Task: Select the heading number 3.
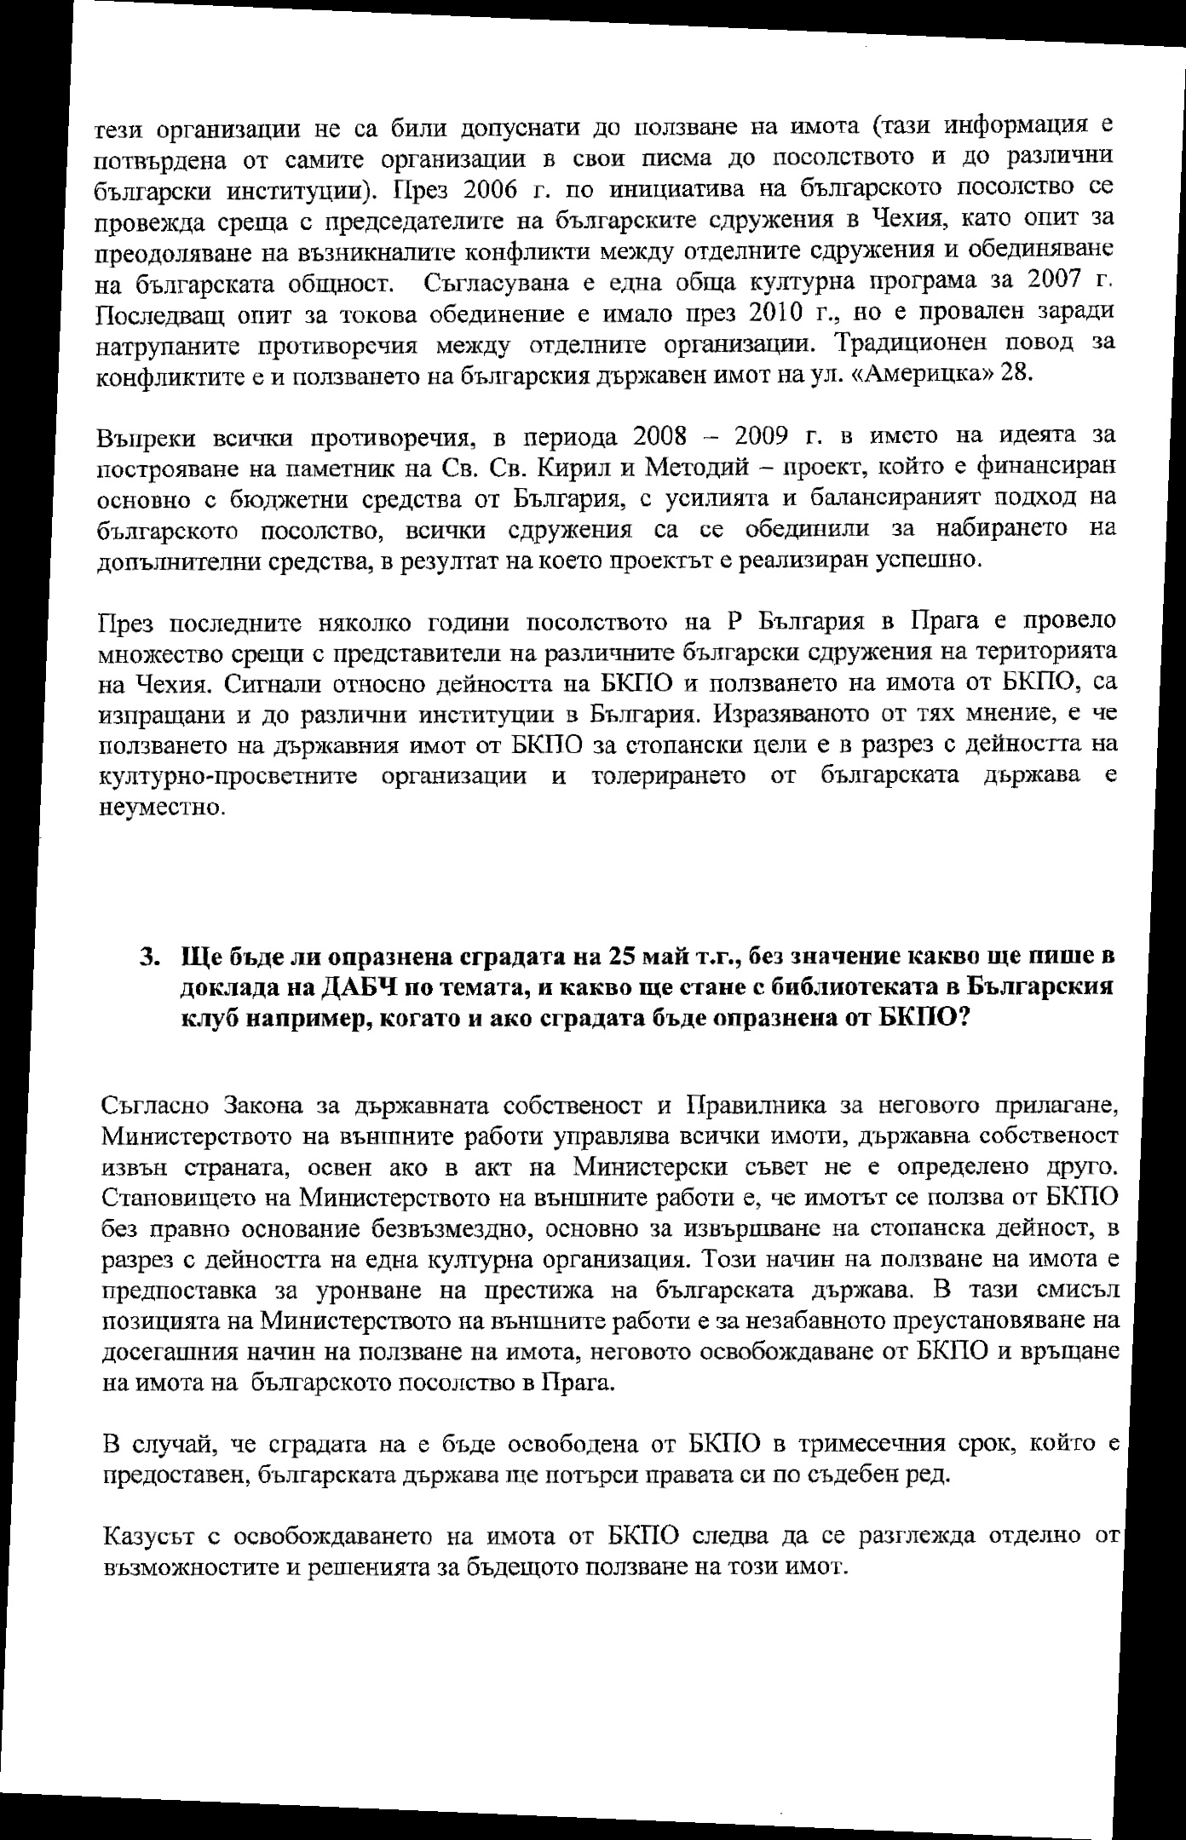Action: [149, 957]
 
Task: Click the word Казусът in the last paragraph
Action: [151, 1536]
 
